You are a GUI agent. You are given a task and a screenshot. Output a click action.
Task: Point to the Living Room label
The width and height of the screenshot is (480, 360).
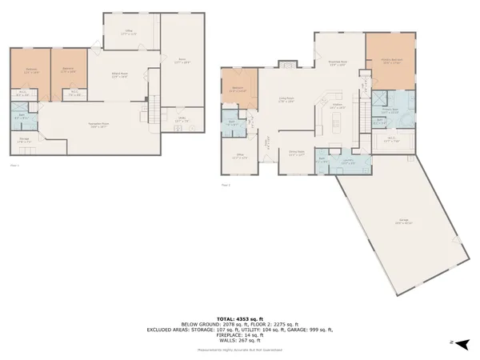(x=286, y=101)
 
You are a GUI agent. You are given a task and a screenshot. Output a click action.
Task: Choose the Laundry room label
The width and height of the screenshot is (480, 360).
(x=348, y=162)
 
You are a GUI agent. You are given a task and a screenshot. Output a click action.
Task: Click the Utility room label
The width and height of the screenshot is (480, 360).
(x=182, y=121)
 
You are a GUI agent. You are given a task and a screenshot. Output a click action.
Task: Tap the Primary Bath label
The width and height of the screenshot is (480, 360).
(x=390, y=111)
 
